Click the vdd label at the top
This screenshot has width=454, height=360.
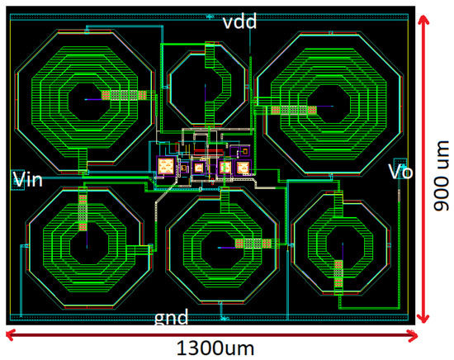239,21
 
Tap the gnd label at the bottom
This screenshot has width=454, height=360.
172,317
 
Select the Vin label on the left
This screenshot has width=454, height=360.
28,179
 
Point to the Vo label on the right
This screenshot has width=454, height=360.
400,172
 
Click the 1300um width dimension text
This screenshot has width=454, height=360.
215,348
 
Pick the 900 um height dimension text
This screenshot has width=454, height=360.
442,176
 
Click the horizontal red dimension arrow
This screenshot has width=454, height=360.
211,336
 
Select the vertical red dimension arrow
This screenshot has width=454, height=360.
424,168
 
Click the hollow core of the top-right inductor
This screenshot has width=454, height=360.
329,104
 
